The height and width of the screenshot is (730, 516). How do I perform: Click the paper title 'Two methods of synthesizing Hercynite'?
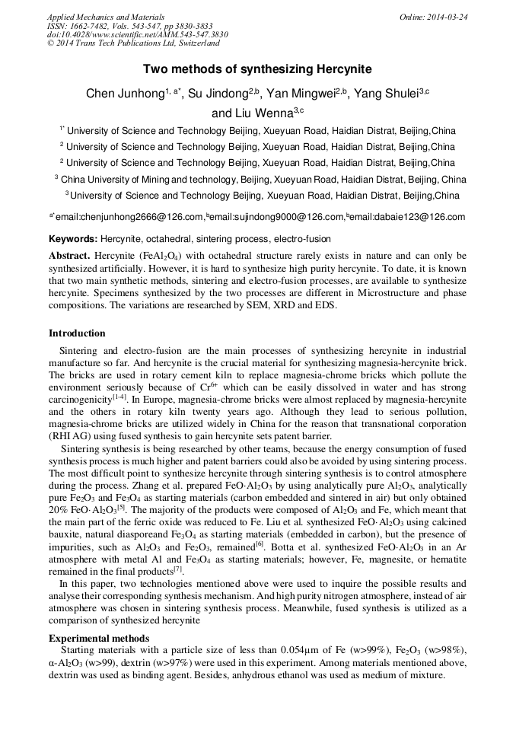(258, 69)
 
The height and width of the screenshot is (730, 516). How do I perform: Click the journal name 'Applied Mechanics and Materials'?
(106, 16)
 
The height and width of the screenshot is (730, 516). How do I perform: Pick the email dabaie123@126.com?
(407, 217)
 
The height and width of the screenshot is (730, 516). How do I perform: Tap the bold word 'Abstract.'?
(70, 255)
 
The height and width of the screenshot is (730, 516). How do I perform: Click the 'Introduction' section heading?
(77, 333)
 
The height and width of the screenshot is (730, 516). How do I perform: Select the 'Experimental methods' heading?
(99, 638)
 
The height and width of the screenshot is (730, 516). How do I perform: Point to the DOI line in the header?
(137, 34)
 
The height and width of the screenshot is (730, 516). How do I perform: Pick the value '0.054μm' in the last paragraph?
(303, 649)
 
